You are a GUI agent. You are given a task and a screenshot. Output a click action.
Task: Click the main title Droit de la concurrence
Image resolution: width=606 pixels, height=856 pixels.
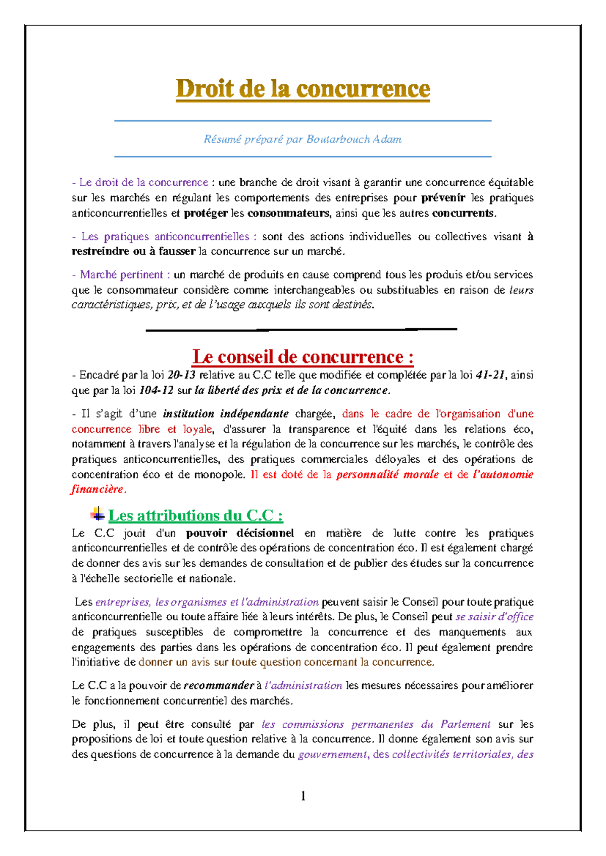pyautogui.click(x=303, y=89)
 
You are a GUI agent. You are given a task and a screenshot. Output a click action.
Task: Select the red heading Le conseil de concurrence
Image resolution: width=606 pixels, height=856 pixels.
pyautogui.click(x=303, y=357)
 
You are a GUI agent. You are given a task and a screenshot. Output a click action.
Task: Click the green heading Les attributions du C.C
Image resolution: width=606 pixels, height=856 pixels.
pyautogui.click(x=195, y=515)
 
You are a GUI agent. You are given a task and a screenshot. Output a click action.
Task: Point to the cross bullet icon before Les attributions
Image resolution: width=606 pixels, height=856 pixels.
pyautogui.click(x=97, y=514)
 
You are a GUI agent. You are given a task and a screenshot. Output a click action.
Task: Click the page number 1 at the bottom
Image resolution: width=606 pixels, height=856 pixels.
pyautogui.click(x=303, y=796)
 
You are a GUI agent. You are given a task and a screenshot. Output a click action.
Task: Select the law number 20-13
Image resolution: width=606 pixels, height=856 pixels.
pyautogui.click(x=181, y=375)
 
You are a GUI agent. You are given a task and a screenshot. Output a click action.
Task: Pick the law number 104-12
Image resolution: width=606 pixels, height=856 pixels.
pyautogui.click(x=156, y=390)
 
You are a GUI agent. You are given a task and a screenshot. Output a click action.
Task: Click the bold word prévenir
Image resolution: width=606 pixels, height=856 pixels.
pyautogui.click(x=443, y=198)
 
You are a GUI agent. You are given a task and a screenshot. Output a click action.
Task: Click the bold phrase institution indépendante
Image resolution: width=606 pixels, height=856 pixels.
pyautogui.click(x=226, y=414)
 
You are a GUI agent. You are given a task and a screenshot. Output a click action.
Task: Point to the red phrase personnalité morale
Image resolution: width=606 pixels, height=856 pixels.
pyautogui.click(x=387, y=474)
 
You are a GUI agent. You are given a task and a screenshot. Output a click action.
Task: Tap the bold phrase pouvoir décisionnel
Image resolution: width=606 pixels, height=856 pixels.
pyautogui.click(x=240, y=533)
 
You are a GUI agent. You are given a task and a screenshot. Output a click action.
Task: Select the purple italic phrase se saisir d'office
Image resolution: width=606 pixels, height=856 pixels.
pyautogui.click(x=494, y=617)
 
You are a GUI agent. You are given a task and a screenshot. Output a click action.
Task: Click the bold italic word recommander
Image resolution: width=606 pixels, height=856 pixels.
pyautogui.click(x=218, y=685)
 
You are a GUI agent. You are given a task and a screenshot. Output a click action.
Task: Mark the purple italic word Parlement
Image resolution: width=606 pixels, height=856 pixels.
pyautogui.click(x=466, y=724)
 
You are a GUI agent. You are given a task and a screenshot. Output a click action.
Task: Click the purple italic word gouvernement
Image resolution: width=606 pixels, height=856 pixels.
pyautogui.click(x=333, y=755)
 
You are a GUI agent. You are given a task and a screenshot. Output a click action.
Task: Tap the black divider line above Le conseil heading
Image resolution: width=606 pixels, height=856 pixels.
pyautogui.click(x=301, y=330)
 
